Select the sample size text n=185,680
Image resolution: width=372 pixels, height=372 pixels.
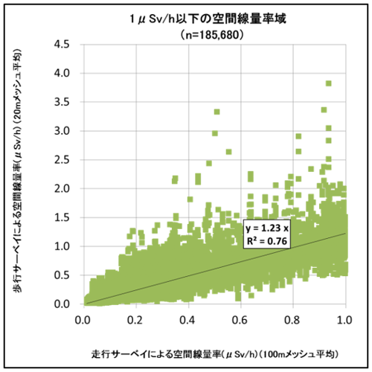(185, 34)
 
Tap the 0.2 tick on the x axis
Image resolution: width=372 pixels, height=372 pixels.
(135, 318)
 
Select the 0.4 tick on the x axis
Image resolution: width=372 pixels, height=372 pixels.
(187, 318)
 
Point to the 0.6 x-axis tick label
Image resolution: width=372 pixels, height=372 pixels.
(240, 318)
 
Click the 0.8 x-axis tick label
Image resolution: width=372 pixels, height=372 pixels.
(292, 318)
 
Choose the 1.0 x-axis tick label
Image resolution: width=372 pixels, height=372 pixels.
(344, 318)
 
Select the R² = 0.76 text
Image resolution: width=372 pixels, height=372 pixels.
(269, 240)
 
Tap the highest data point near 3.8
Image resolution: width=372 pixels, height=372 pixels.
(328, 83)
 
